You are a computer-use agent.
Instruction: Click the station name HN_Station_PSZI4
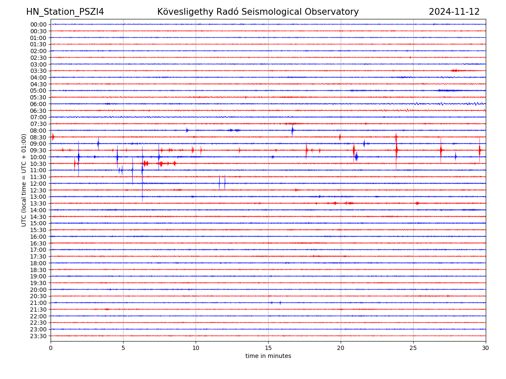click(x=65, y=12)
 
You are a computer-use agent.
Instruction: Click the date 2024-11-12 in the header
click(x=454, y=12)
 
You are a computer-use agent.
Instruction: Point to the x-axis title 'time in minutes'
click(x=268, y=356)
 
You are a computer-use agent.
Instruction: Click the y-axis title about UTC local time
click(x=24, y=180)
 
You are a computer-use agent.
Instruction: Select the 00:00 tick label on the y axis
click(x=38, y=24)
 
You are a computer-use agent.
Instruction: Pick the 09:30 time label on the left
click(x=38, y=150)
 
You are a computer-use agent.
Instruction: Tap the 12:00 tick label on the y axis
click(x=38, y=184)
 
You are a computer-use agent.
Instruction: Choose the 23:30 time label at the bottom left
click(x=38, y=336)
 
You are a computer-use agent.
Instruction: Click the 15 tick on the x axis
click(x=268, y=348)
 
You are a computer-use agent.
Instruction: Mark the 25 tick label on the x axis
click(x=413, y=348)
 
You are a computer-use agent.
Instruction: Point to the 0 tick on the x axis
click(x=51, y=348)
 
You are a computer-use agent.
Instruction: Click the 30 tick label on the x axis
click(x=486, y=348)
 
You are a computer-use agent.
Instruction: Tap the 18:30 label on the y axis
click(x=38, y=270)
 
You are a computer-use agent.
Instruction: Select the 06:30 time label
click(x=38, y=111)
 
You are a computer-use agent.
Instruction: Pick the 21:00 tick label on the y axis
click(x=38, y=303)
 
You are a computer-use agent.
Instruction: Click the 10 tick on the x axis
click(x=196, y=348)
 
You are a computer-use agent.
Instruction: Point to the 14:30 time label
click(x=38, y=216)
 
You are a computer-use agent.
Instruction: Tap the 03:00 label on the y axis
click(x=38, y=64)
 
